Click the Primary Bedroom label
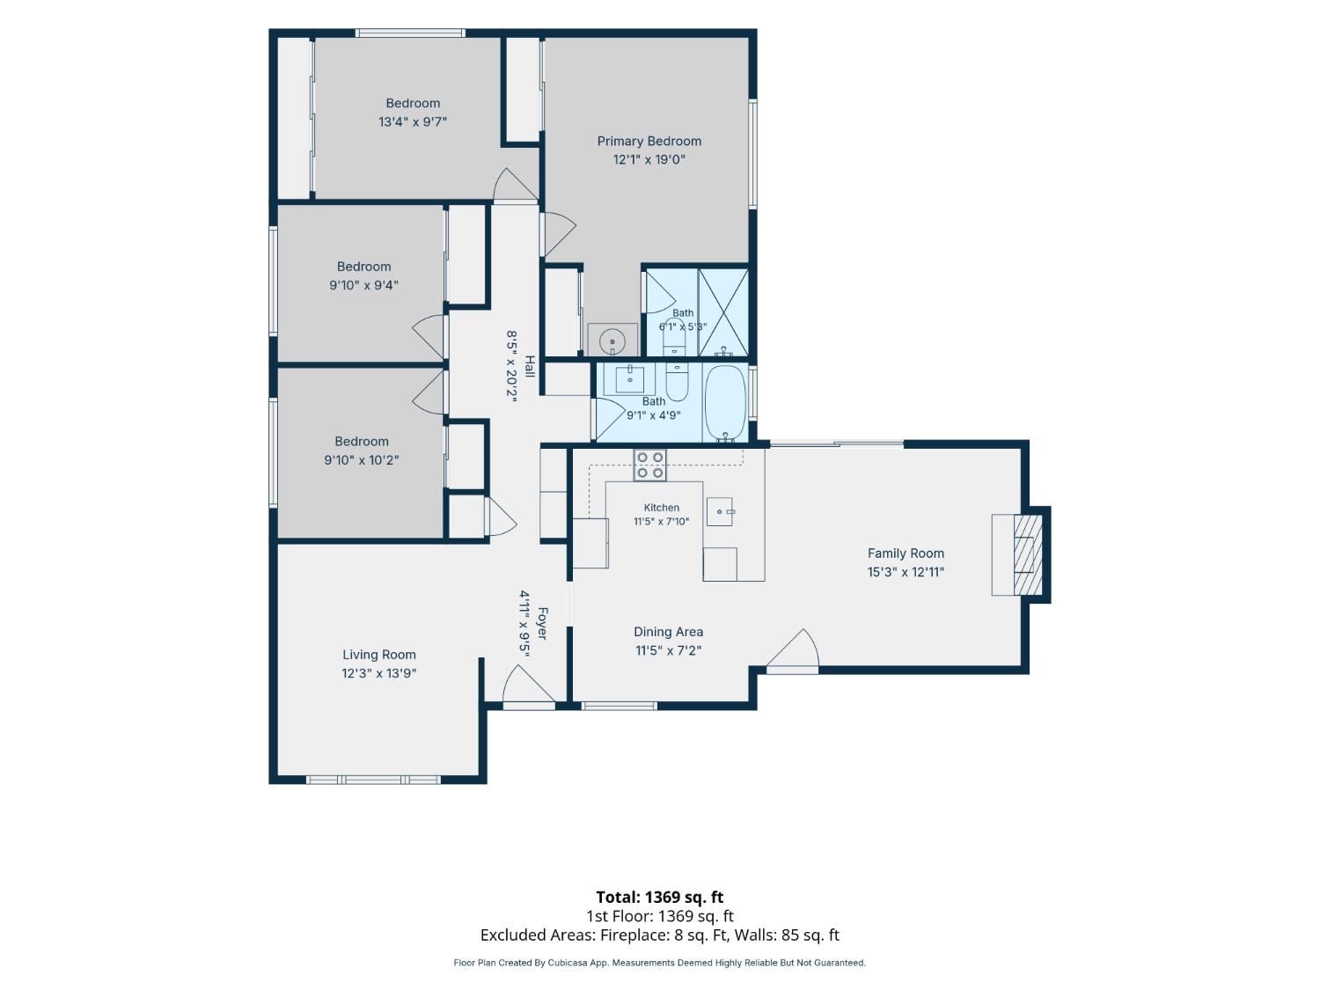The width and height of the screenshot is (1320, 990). [x=649, y=142]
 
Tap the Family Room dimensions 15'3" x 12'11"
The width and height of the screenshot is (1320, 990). [x=905, y=572]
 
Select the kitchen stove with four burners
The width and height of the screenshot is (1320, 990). [x=649, y=466]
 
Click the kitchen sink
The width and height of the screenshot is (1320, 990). [x=720, y=511]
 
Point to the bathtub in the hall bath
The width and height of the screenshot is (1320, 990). [x=724, y=402]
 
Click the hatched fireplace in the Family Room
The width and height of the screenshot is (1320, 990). [x=1028, y=554]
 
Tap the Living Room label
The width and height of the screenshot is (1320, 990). [x=379, y=655]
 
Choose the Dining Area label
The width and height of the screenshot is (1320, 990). [x=668, y=632]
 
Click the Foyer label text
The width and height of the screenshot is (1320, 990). [x=542, y=623]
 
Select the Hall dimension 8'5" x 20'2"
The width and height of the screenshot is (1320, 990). [x=512, y=365]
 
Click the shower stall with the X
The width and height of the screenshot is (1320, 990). [x=723, y=312]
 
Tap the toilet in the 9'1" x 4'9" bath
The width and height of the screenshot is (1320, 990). [x=677, y=382]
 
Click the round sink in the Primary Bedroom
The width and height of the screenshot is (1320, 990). [x=612, y=341]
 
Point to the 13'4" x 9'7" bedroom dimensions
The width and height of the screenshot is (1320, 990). [x=413, y=122]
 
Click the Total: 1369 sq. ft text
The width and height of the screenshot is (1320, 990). [x=660, y=897]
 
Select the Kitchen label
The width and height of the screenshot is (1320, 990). [x=662, y=508]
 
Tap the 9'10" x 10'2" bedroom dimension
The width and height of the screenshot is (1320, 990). [x=362, y=460]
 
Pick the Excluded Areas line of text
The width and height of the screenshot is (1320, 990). [x=660, y=935]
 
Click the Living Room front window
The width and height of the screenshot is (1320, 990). [x=373, y=780]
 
